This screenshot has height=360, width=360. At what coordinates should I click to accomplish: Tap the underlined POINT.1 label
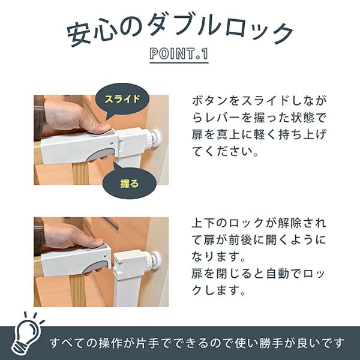pyautogui.click(x=179, y=54)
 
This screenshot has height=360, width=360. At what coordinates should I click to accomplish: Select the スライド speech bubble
pyautogui.click(x=122, y=99)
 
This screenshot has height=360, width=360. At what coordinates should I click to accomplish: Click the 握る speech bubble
pyautogui.click(x=130, y=183)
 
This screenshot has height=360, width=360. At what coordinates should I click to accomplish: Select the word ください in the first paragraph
pyautogui.click(x=228, y=152)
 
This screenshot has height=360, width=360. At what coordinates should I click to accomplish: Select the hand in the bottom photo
pyautogui.click(x=73, y=238)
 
